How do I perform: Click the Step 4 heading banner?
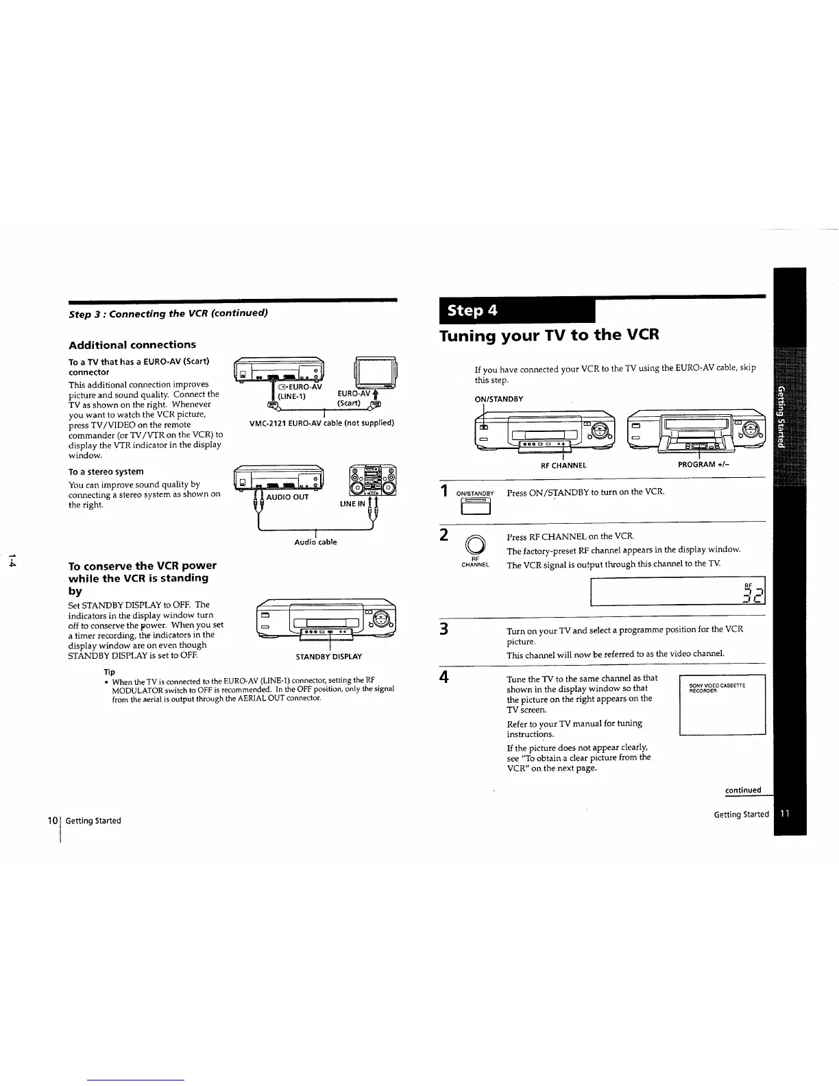tap(518, 311)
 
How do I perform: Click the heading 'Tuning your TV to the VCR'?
tap(549, 336)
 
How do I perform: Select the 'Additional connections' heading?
tap(132, 345)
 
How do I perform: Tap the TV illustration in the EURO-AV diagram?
tap(373, 374)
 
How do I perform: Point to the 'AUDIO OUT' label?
tap(287, 497)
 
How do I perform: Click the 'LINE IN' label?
tap(352, 504)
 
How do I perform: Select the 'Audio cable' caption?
tap(315, 542)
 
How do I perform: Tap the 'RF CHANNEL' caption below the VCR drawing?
tap(563, 466)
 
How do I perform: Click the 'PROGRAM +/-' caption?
tap(698, 465)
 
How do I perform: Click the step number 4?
tap(444, 677)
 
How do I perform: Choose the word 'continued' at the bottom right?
tap(743, 790)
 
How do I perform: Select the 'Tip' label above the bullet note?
tap(109, 672)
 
